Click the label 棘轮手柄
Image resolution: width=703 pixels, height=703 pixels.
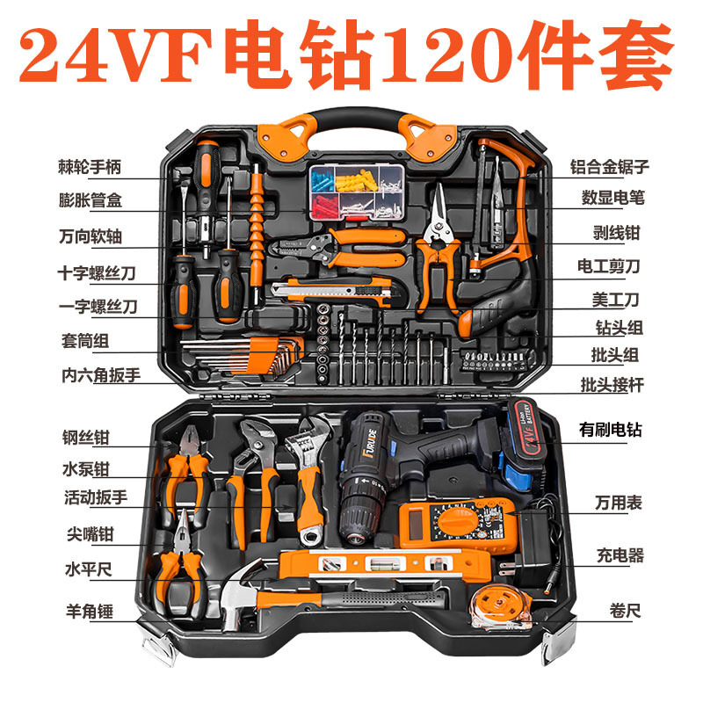coord(90,167)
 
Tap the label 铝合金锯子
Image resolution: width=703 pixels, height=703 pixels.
coord(609,167)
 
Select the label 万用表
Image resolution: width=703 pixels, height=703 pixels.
coord(618,503)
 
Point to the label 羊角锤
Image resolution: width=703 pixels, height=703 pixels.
coord(90,611)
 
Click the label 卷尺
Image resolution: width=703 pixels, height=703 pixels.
coord(625,611)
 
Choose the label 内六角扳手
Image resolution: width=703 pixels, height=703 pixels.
coord(101,375)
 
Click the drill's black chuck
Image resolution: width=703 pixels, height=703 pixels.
coord(359,516)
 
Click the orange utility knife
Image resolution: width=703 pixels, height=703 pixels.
coord(332,290)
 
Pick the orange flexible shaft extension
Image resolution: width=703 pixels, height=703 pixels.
coord(257,233)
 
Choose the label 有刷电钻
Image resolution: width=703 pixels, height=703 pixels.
coord(610,430)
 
